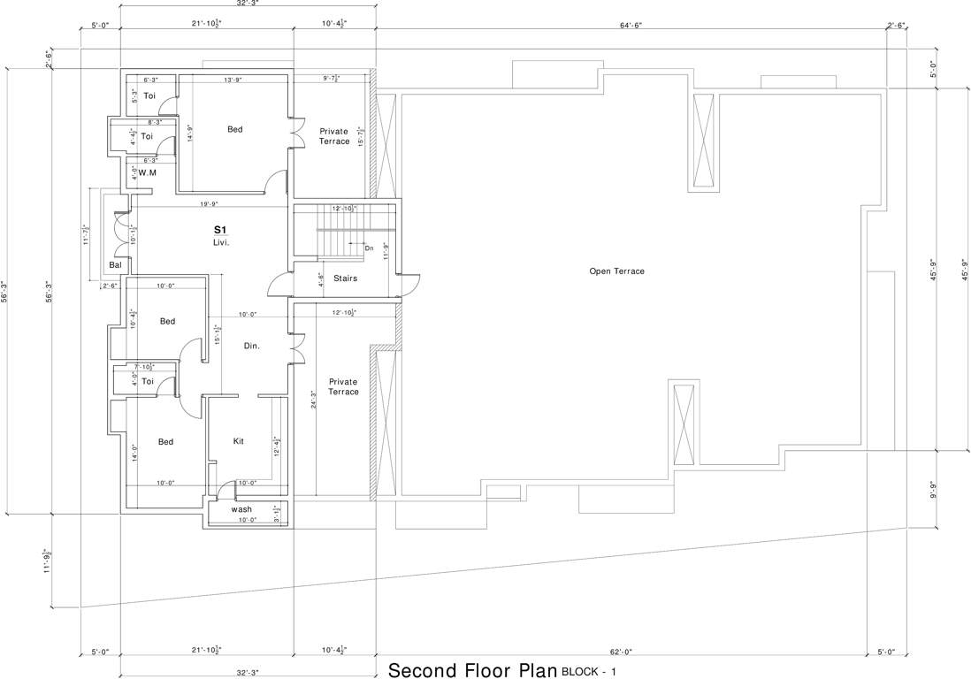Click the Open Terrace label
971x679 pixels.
pos(616,271)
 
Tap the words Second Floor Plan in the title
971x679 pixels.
pos(472,670)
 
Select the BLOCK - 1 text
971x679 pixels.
pos(588,673)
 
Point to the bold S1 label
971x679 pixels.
pos(220,229)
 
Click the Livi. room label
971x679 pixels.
pos(221,241)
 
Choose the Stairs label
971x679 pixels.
pos(346,278)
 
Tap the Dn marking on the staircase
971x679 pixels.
pos(369,248)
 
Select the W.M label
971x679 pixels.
pos(147,173)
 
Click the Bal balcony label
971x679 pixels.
pos(115,264)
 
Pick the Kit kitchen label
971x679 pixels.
pos(238,441)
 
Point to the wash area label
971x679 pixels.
pos(241,509)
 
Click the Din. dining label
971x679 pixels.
pos(251,346)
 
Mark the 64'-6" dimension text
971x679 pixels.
pos(631,26)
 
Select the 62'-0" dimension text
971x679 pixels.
pos(621,652)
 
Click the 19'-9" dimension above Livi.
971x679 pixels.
pos(209,204)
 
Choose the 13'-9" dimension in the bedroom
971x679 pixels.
pos(233,80)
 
